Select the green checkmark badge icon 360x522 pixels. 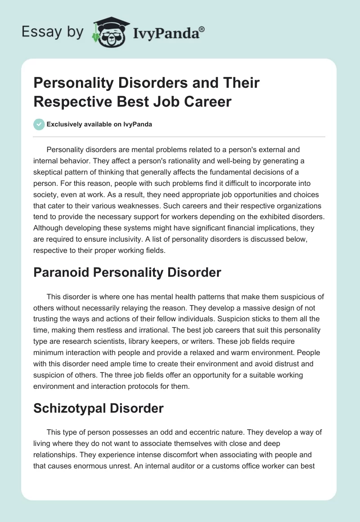point(39,124)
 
